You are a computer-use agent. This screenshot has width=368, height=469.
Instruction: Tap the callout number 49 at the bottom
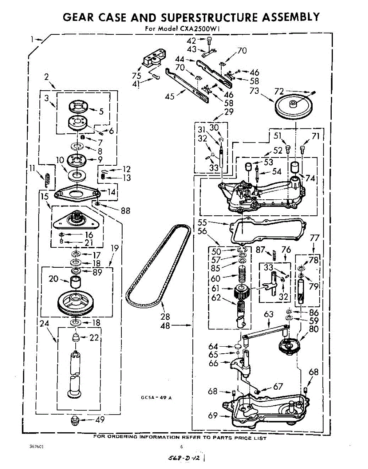pyautogui.click(x=100, y=420)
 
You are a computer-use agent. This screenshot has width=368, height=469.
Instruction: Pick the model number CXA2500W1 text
pyautogui.click(x=203, y=29)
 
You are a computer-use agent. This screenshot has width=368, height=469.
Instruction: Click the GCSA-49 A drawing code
pyautogui.click(x=156, y=398)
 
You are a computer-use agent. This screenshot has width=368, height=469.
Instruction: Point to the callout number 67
pyautogui.click(x=278, y=386)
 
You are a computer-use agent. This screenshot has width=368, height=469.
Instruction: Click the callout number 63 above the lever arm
pyautogui.click(x=269, y=314)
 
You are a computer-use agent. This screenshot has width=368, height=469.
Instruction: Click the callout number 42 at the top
pyautogui.click(x=191, y=41)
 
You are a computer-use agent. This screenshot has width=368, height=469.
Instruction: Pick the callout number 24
pyautogui.click(x=44, y=323)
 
